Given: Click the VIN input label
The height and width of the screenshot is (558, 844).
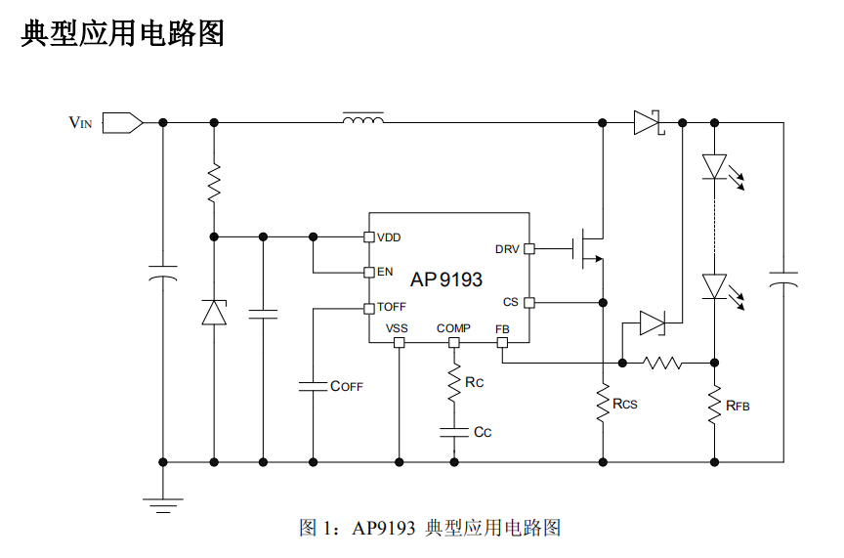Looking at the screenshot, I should (80, 123).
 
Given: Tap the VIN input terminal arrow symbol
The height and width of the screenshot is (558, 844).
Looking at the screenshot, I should (122, 123).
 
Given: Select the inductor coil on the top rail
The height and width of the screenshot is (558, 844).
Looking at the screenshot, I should (362, 120).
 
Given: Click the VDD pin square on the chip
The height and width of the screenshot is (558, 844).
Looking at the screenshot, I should (368, 236).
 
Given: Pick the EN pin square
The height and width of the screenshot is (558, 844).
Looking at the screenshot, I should (368, 272).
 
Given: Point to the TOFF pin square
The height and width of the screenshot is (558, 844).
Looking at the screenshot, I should (368, 308).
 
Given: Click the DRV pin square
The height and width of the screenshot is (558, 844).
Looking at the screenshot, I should (528, 248).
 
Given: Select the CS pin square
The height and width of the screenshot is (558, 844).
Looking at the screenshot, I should (528, 303).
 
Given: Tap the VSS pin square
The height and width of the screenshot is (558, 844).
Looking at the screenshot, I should (399, 343).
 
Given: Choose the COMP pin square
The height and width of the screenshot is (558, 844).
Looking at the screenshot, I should (453, 343).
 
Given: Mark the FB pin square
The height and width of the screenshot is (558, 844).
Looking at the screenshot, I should (502, 343).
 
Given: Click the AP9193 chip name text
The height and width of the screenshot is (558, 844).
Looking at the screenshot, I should (446, 279).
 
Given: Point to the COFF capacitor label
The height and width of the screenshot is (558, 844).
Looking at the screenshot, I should (347, 386).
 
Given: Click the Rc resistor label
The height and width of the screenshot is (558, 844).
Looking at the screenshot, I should (475, 382).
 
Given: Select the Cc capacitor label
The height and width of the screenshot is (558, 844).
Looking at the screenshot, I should (483, 431).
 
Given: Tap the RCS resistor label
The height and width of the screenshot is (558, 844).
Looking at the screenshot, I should (625, 403).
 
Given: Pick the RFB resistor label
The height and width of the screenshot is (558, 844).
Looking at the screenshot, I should (738, 404).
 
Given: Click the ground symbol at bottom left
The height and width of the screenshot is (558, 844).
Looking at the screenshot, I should (163, 504).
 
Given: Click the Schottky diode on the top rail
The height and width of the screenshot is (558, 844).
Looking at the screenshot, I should (648, 123).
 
